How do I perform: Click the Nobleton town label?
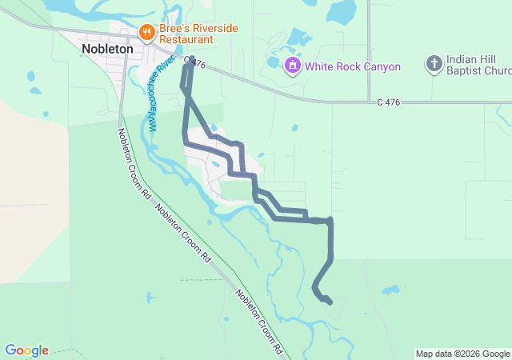pos(107,48)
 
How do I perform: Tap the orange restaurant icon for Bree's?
pos(146,32)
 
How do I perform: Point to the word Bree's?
pos(175,27)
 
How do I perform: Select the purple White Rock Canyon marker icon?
pos(294,66)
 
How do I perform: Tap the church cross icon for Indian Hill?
pos(434,64)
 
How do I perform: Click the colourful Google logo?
pos(26,350)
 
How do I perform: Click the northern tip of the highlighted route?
pos(190,58)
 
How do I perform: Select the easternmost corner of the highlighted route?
pos(330,220)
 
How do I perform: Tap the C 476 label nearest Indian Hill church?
pos(388,102)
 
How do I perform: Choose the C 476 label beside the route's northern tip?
pos(195,61)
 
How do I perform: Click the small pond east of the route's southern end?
pos(390,290)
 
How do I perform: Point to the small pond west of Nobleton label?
pos(31,77)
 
